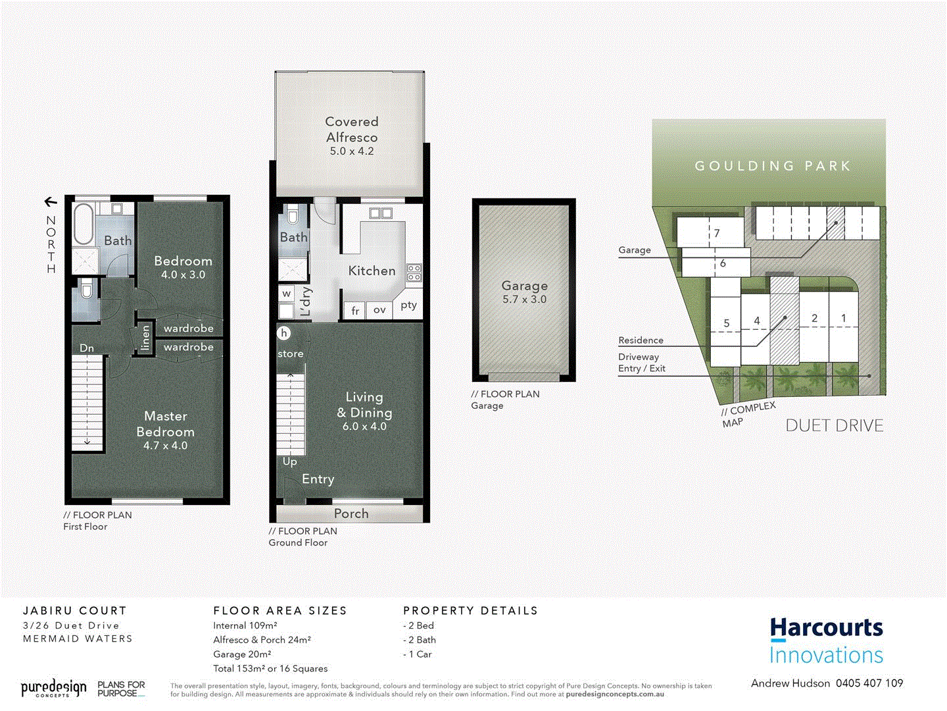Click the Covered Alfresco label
pyautogui.click(x=352, y=130)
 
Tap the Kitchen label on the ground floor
pyautogui.click(x=372, y=271)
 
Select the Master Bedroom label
pyautogui.click(x=166, y=424)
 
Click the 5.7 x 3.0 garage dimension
pyautogui.click(x=524, y=300)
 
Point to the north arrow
pyautogui.click(x=51, y=202)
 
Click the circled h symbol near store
pyautogui.click(x=284, y=333)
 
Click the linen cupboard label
pyautogui.click(x=145, y=338)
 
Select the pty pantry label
pyautogui.click(x=408, y=305)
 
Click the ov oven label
pyautogui.click(x=379, y=309)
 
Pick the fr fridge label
pyautogui.click(x=355, y=311)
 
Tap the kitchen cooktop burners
pyautogui.click(x=414, y=273)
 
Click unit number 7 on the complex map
pyautogui.click(x=717, y=233)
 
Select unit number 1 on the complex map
pyautogui.click(x=844, y=318)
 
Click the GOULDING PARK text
pyautogui.click(x=773, y=166)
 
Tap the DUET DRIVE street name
pyautogui.click(x=835, y=426)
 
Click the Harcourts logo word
pyautogui.click(x=827, y=628)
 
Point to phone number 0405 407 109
pyautogui.click(x=869, y=683)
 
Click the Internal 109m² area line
pyautogui.click(x=245, y=625)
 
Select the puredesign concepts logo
pyautogui.click(x=53, y=689)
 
